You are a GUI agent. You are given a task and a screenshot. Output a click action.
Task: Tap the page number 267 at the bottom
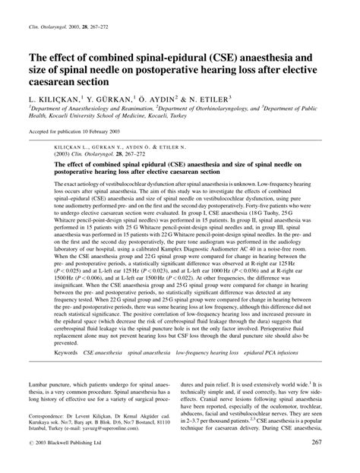pyautogui.click(x=338, y=465)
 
